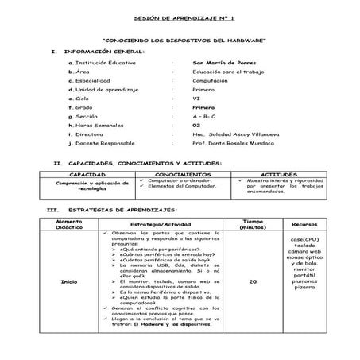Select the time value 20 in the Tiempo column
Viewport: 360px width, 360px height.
click(x=252, y=282)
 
